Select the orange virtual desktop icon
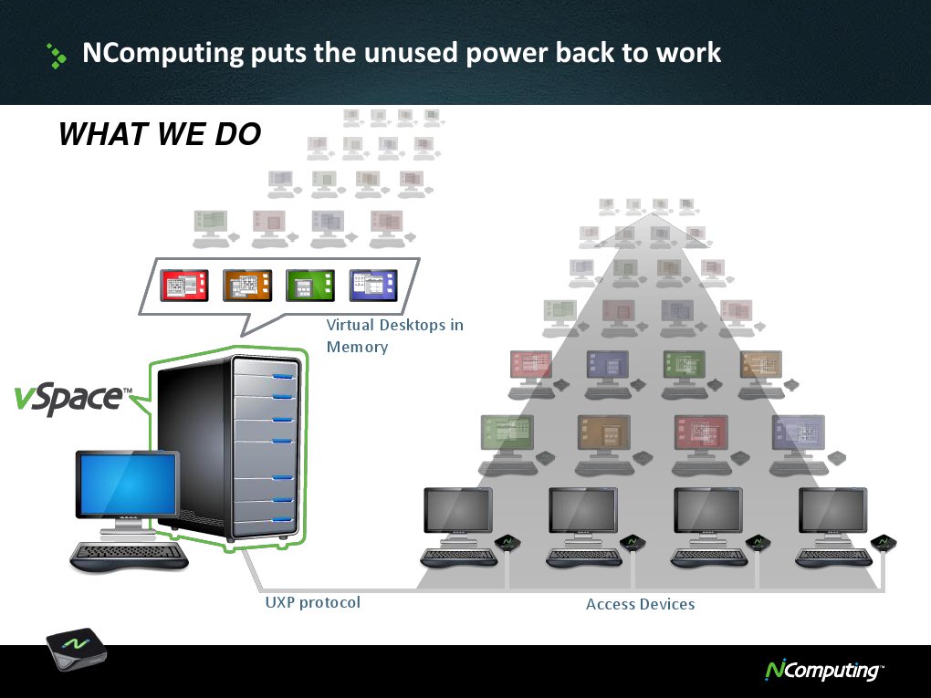(x=246, y=286)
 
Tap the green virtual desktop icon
(x=309, y=286)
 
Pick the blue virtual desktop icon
(x=373, y=286)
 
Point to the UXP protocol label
(x=312, y=602)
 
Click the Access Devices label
(x=640, y=604)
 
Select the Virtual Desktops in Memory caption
(x=394, y=336)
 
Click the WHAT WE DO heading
(x=160, y=135)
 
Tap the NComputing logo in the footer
(x=822, y=671)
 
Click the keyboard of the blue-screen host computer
(x=130, y=555)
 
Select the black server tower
(x=228, y=447)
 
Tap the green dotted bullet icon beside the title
(x=57, y=56)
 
